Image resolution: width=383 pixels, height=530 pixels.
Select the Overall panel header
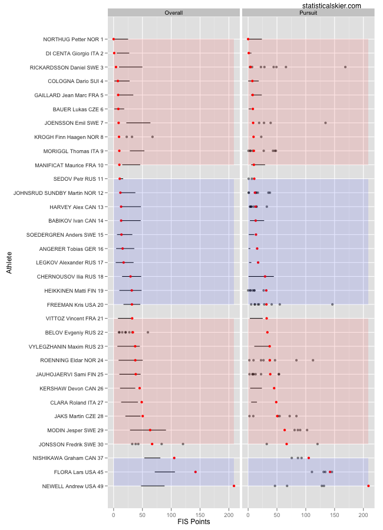tap(174, 12)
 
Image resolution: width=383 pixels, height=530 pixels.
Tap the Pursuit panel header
tap(308, 12)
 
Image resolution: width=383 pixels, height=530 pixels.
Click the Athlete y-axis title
tap(9, 262)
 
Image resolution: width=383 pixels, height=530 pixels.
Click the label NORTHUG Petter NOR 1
tap(73, 39)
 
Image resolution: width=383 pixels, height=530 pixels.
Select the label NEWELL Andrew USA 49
tap(73, 486)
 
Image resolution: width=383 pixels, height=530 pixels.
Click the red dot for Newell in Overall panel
tap(234, 486)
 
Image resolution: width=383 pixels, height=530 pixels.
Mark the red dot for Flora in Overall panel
tap(196, 472)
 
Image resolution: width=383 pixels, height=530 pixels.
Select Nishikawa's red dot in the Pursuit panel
tap(309, 458)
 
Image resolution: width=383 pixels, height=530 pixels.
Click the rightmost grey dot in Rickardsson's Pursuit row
tap(345, 67)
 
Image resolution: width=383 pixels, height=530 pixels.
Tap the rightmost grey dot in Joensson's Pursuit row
tap(325, 123)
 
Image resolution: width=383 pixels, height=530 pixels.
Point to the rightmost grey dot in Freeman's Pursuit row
tap(332, 304)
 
